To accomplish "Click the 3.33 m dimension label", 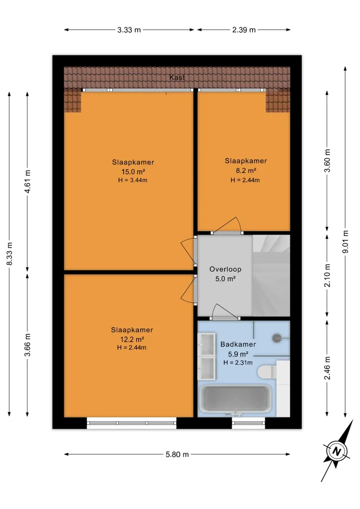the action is click(x=129, y=30).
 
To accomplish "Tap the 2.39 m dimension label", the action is click(x=244, y=30).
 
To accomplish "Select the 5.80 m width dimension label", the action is click(x=177, y=454).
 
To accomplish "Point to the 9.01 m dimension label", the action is click(x=346, y=242).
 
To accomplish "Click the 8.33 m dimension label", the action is click(x=9, y=254).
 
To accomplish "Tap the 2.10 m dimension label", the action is click(x=327, y=275).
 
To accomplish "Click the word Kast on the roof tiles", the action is click(x=177, y=77).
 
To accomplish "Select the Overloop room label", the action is click(x=225, y=269).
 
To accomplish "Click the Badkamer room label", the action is click(x=238, y=344).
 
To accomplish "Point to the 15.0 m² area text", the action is click(x=133, y=171).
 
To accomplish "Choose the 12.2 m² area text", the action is click(x=132, y=339).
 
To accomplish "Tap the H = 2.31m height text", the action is click(x=238, y=362).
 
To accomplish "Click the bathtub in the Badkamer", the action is click(x=235, y=399).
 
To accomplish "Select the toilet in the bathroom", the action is click(x=268, y=371).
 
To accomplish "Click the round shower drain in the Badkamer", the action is click(x=276, y=338).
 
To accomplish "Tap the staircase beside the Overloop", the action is click(x=271, y=275).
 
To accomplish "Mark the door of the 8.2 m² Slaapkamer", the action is click(x=227, y=225).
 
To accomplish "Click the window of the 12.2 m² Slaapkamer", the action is click(x=132, y=423).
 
